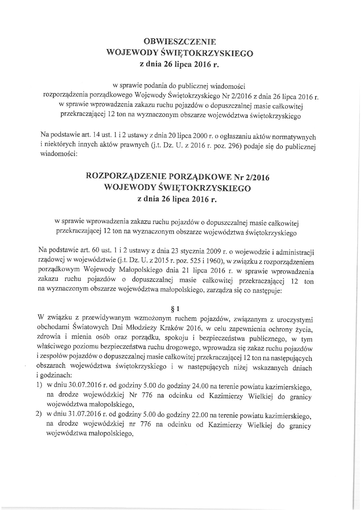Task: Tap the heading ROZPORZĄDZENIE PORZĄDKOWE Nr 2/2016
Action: [178, 177]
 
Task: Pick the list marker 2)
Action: [39, 415]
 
